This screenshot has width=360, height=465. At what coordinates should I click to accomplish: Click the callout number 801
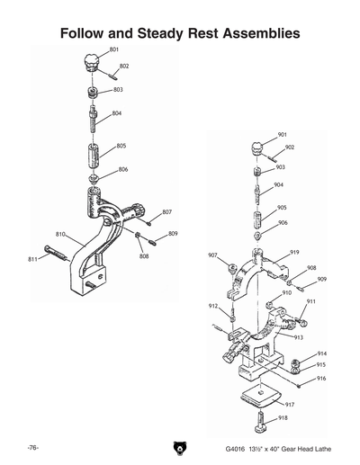115,48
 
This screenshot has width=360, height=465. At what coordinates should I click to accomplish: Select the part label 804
117,113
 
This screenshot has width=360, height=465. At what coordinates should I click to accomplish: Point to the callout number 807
166,212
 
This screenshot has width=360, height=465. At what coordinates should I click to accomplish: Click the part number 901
282,134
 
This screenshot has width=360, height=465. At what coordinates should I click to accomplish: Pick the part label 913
298,336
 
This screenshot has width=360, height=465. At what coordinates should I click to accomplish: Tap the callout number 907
212,255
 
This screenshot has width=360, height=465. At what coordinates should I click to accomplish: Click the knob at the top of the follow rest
90,61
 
